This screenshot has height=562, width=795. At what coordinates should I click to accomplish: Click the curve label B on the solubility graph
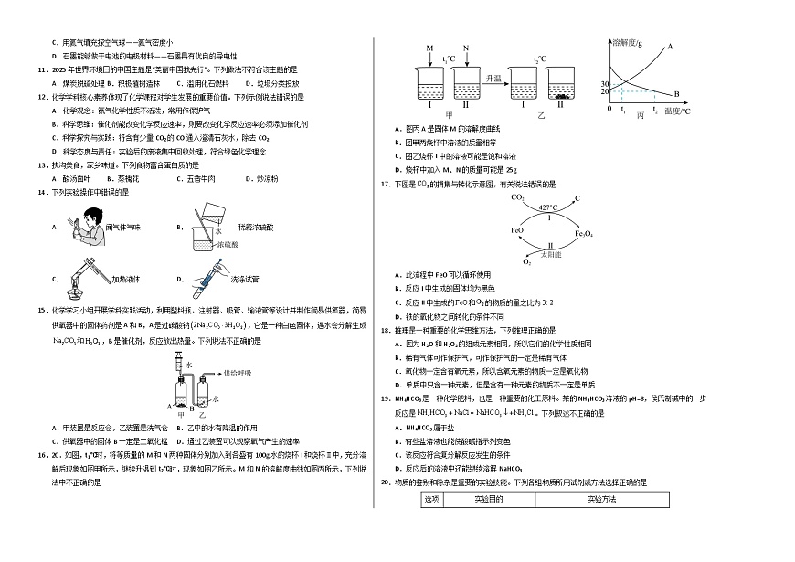click(x=676, y=93)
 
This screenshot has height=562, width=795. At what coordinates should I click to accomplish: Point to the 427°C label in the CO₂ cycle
click(x=547, y=207)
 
